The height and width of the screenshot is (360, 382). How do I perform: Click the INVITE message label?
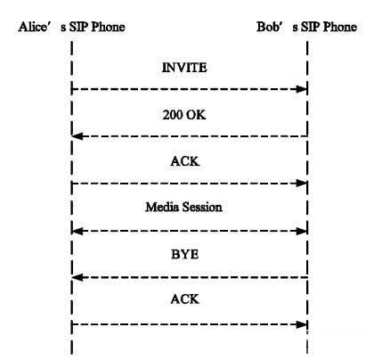tap(184, 68)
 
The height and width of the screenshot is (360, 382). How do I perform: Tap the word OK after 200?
tap(196, 115)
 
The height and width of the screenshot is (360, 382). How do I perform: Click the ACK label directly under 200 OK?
tap(184, 161)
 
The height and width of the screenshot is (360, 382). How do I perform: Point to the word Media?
tap(162, 207)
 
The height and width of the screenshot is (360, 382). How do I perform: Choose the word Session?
tap(202, 207)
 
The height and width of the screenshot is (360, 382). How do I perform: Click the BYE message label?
tap(184, 254)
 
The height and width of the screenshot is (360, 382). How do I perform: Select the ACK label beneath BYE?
tap(184, 299)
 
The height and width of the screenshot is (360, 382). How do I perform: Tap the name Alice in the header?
tap(33, 27)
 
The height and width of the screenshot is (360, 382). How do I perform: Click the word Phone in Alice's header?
tap(108, 27)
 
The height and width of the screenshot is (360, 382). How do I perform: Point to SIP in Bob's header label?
tap(311, 27)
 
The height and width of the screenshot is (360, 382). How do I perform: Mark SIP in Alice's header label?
tap(78, 27)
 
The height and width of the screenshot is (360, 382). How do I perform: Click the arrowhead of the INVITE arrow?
tap(301, 89)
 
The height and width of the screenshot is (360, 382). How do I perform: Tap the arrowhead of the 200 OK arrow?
tap(77, 136)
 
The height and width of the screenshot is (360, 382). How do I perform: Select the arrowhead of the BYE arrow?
tap(77, 278)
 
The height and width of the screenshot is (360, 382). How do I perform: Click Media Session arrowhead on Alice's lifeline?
tap(77, 231)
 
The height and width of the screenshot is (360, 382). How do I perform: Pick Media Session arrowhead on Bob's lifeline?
tap(301, 231)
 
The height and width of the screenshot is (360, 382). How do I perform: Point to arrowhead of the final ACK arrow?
tap(301, 324)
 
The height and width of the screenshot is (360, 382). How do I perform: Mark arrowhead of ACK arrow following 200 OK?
tap(301, 184)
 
